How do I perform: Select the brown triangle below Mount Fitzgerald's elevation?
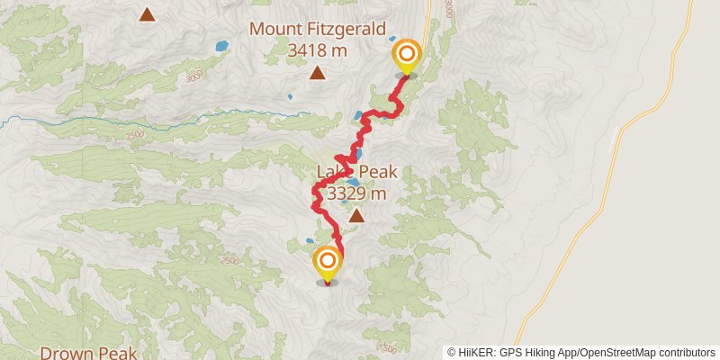coord(317,73)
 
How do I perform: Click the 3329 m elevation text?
coord(357,193)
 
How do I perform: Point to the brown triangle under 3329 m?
coord(357,215)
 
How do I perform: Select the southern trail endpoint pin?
coord(328,263)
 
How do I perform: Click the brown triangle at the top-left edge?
coord(147,14)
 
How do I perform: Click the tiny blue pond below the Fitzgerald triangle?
coord(290,96)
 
